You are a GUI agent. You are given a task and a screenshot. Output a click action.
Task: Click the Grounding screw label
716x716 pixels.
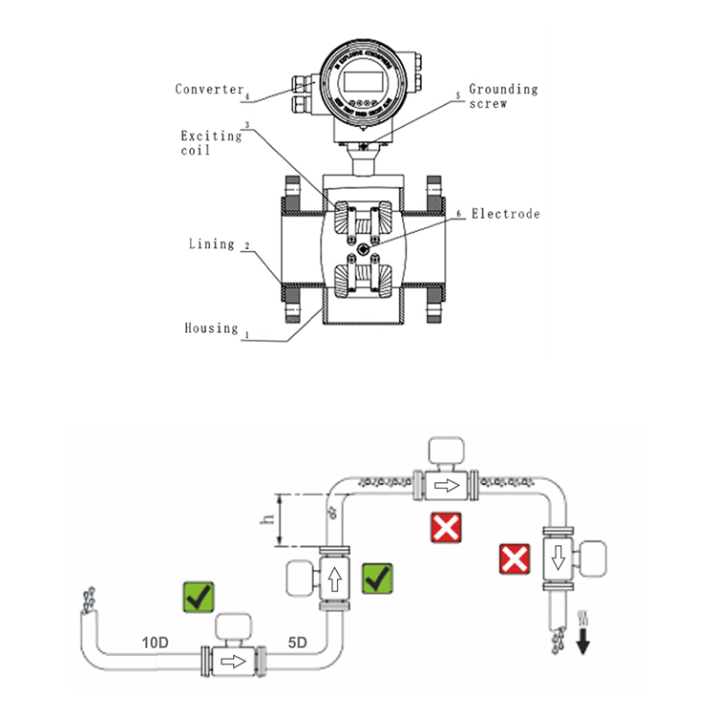(x=502, y=95)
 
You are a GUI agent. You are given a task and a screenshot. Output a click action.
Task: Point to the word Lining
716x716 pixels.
(x=211, y=243)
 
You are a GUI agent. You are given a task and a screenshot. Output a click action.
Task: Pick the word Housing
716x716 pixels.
(x=211, y=327)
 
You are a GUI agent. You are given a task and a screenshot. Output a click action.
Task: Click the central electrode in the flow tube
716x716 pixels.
(x=367, y=250)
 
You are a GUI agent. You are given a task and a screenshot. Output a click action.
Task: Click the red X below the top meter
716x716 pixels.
(x=446, y=528)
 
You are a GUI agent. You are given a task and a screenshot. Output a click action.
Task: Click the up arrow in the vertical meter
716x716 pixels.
(x=333, y=578)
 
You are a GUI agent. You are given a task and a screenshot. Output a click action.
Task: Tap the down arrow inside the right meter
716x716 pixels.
(x=557, y=556)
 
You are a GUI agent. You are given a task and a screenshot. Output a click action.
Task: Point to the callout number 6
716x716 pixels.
(x=459, y=215)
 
